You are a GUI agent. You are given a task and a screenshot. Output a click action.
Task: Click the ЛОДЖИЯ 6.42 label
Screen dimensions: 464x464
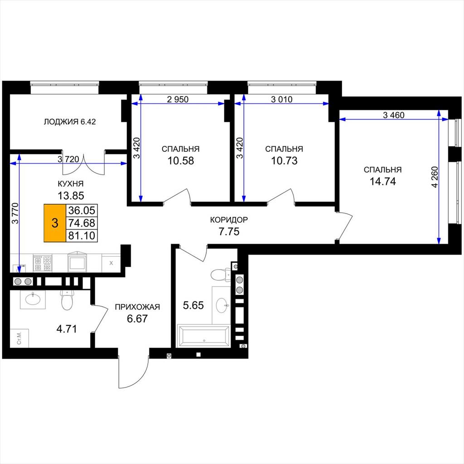coord(70,121)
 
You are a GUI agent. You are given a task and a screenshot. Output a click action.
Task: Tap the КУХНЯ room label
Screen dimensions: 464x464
coord(71,184)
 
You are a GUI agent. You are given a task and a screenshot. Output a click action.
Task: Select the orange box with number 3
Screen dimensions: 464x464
coord(55,223)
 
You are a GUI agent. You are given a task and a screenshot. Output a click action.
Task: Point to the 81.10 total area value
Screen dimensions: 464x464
coord(82,236)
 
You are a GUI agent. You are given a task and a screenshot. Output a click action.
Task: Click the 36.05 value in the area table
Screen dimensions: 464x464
coord(82,210)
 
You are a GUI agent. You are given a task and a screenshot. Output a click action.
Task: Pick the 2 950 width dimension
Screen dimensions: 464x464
coord(178,99)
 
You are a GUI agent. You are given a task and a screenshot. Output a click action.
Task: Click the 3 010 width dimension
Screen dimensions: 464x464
coord(281,99)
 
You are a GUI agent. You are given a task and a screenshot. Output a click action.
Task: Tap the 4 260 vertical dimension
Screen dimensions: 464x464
coord(435,177)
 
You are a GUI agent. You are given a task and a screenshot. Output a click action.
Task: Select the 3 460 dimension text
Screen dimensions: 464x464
coord(394,115)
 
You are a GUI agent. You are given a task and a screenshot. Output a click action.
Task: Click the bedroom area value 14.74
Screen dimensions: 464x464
coord(382,181)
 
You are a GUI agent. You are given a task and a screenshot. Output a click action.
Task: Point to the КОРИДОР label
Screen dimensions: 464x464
coord(229,220)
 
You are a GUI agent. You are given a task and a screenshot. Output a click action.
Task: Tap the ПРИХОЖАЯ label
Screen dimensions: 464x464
coord(137,307)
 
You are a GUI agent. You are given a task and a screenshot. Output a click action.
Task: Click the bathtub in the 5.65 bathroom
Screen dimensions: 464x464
coord(203,336)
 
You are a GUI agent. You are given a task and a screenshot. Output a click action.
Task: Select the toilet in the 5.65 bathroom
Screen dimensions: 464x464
coord(221,274)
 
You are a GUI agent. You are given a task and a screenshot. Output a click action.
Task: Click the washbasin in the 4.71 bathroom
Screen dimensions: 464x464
coord(33,299)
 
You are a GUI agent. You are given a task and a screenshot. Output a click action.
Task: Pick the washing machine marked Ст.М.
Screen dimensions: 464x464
coord(19,338)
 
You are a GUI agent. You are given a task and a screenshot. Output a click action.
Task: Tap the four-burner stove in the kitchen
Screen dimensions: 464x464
coord(43,263)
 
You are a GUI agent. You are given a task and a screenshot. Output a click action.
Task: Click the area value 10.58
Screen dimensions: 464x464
coord(181,161)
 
